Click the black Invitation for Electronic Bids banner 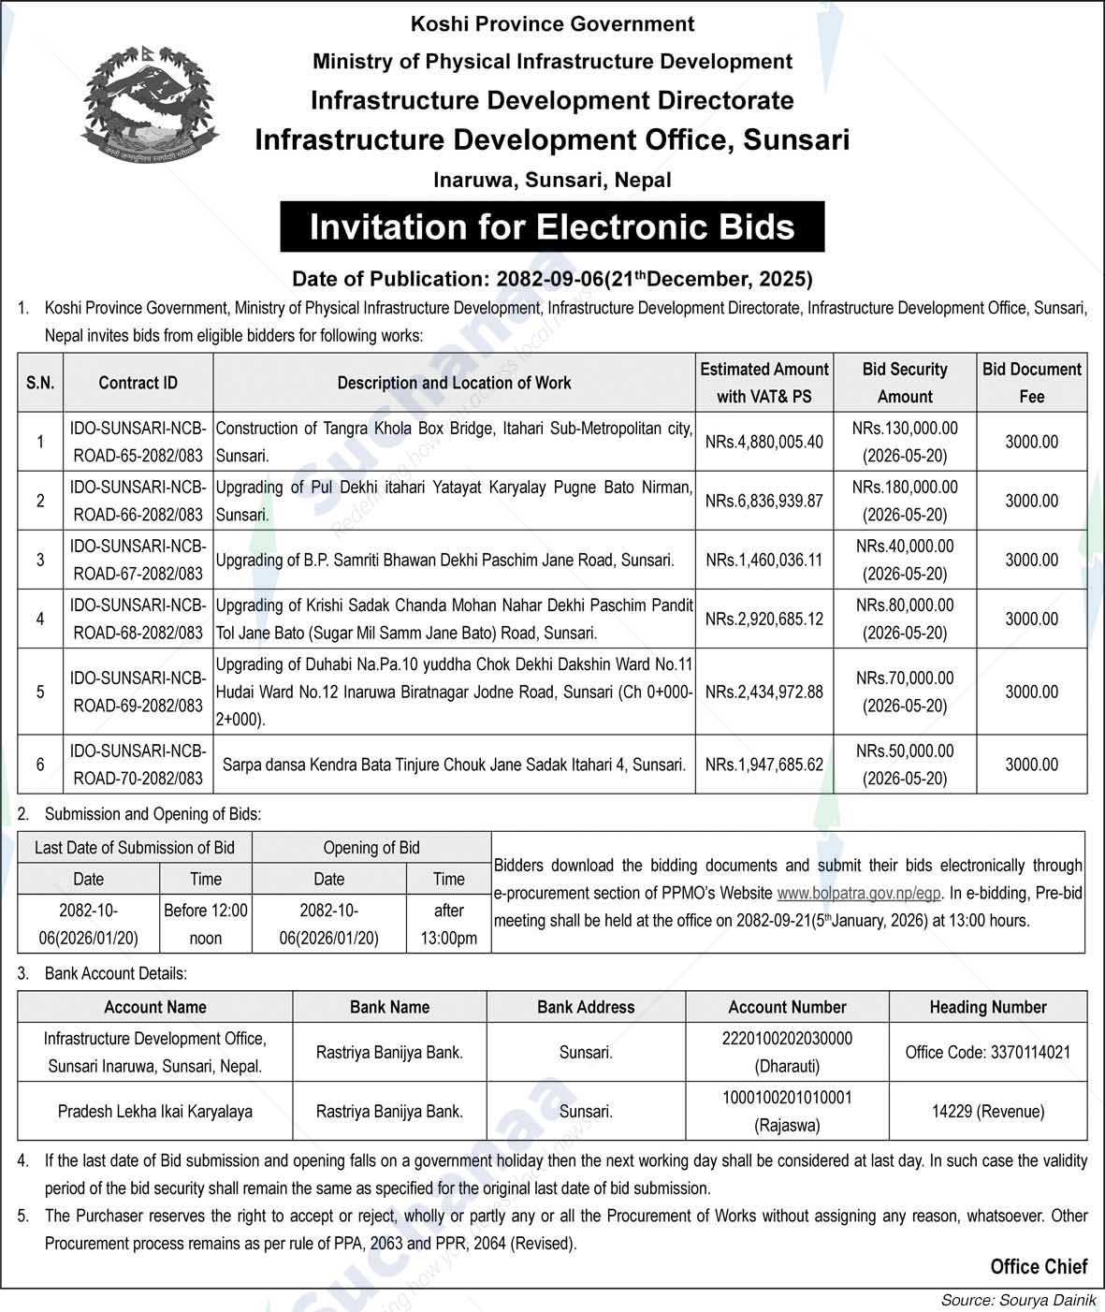coord(552,227)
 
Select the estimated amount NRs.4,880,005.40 coord(763,442)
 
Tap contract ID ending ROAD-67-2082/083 coord(138,560)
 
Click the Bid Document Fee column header coord(1031,383)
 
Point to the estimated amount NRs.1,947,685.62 coord(763,765)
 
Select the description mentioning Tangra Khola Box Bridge coord(454,442)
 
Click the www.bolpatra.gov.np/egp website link coord(859,893)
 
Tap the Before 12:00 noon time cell coord(206,924)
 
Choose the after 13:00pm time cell coord(448,924)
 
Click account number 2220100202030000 coord(787,1039)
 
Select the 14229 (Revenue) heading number coord(987,1112)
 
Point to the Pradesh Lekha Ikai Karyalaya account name coord(155,1112)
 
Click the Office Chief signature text coord(1039,1267)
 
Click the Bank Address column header coord(586,1007)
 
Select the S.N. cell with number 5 coord(40,692)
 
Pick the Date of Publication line coord(552,278)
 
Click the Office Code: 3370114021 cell coord(987,1052)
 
